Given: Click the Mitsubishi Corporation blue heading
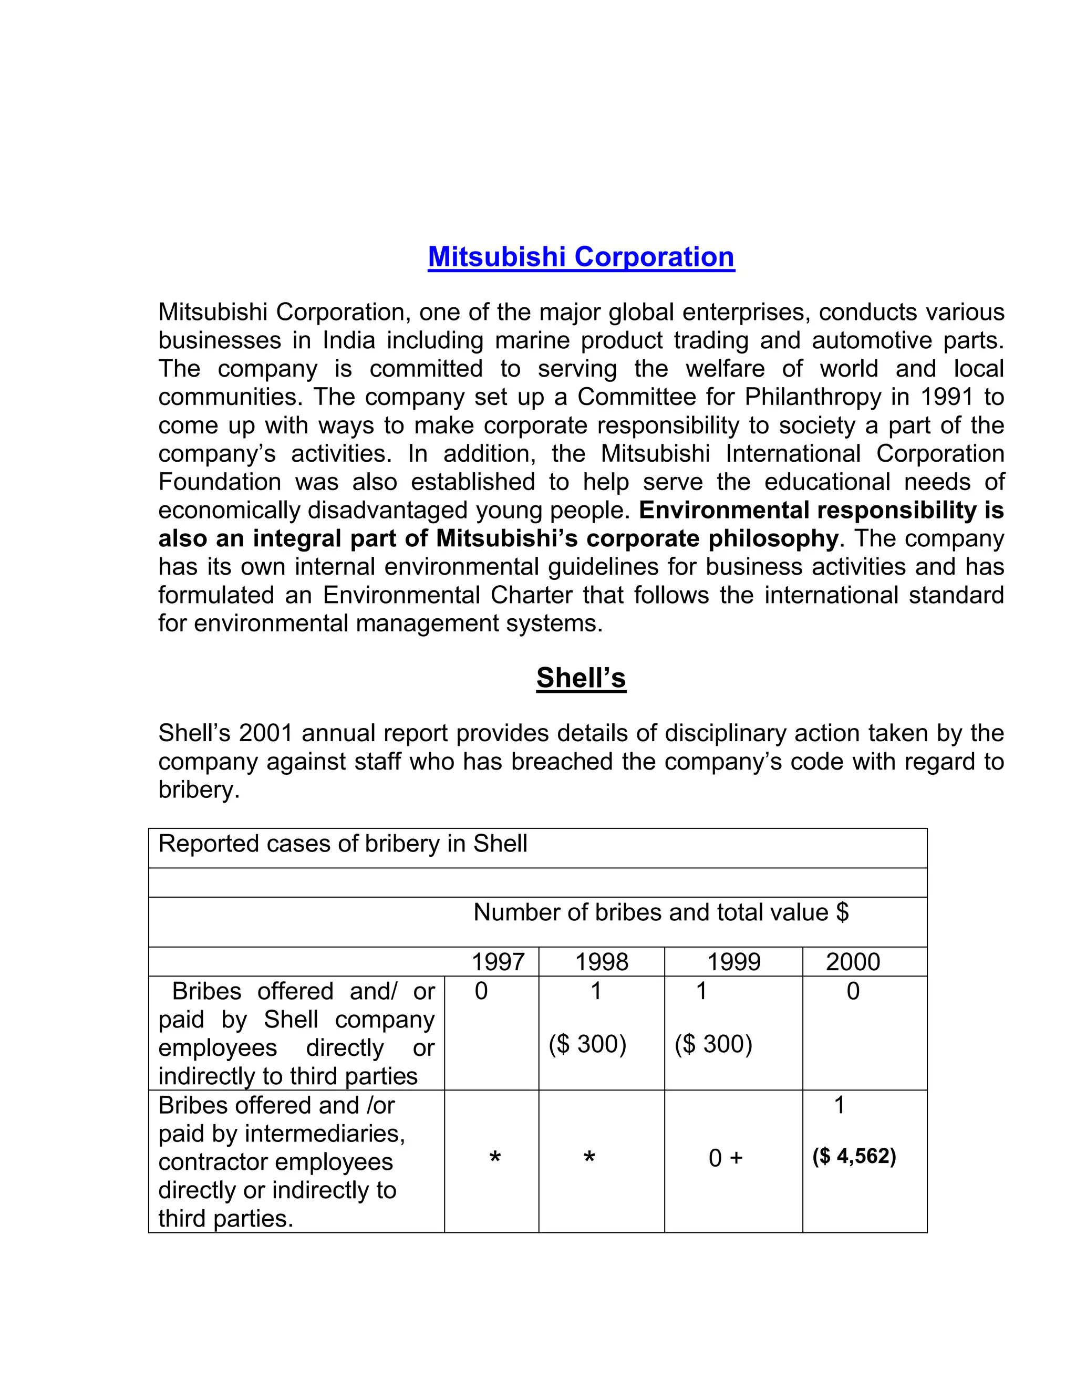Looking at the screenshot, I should click(x=581, y=257).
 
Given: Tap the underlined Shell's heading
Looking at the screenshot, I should click(x=581, y=678).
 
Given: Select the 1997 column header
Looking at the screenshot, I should click(x=498, y=962).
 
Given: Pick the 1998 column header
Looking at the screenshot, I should click(x=601, y=962).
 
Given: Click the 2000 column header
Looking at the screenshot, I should click(x=852, y=962).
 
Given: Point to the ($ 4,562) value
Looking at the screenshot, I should click(x=854, y=1156).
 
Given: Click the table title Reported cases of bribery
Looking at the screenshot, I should click(x=343, y=844).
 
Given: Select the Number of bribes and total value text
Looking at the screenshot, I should click(x=660, y=913).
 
